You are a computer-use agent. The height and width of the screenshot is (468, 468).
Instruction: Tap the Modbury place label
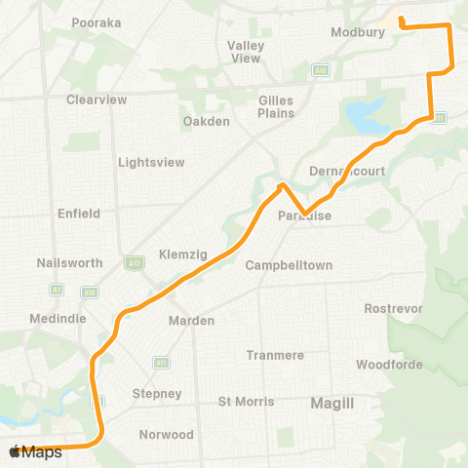362,32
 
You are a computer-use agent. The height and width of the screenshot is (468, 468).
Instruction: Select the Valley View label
246,52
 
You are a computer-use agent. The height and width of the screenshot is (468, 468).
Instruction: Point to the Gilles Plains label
276,106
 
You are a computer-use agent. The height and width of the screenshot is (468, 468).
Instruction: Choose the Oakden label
206,122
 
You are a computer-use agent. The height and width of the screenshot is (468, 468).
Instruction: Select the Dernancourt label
348,171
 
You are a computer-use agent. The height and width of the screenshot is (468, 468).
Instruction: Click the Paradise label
304,216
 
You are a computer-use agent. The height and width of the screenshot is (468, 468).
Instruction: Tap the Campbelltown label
290,265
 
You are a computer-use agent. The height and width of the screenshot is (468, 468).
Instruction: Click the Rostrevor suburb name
390,308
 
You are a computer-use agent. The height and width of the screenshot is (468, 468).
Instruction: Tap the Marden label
184,321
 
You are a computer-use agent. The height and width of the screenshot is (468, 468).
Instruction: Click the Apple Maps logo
35,452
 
